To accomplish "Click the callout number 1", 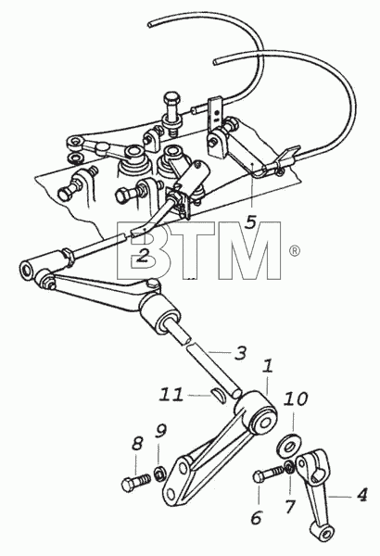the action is [268, 367].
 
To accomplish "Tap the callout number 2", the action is [142, 256].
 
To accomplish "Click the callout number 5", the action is [250, 222].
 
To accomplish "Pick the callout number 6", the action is [256, 518].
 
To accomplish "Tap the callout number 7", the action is [290, 506].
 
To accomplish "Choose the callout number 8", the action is [137, 445].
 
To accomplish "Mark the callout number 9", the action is [160, 432].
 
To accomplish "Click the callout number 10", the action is [295, 399].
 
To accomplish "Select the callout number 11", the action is [171, 395].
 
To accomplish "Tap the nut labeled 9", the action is [160, 474].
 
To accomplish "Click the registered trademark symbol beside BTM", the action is [295, 251].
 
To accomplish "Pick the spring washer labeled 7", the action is [289, 466].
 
